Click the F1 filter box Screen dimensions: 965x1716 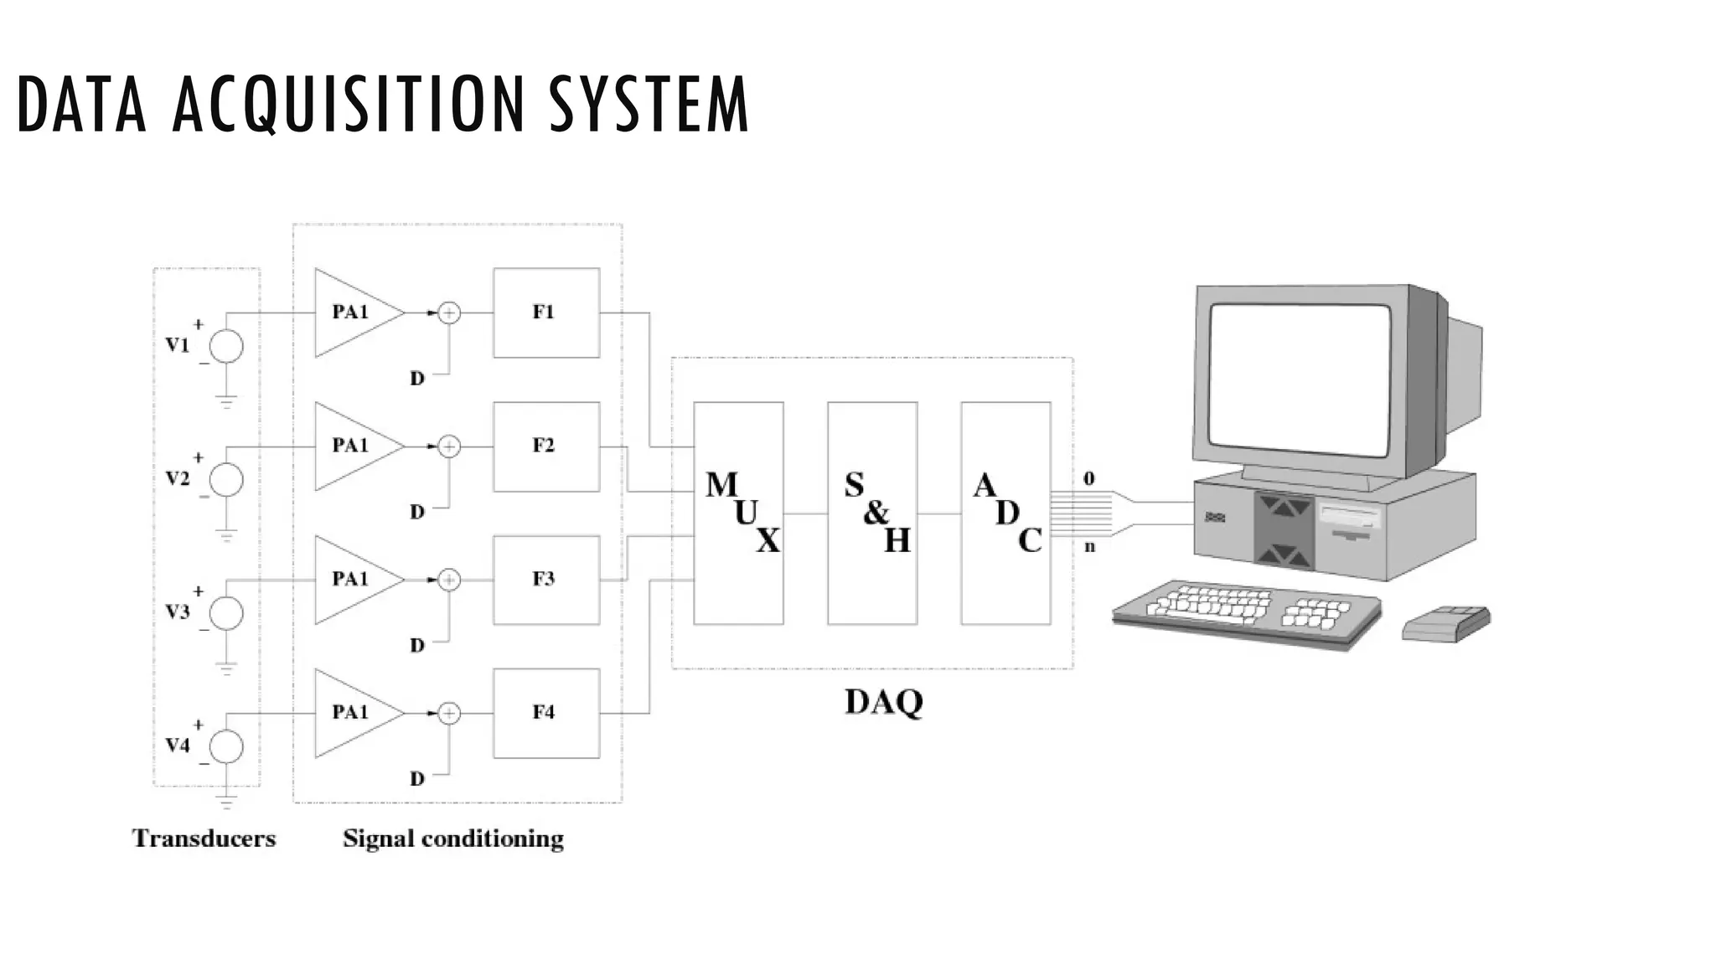[546, 312]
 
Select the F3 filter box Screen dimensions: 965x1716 [546, 580]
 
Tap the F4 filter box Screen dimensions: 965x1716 [546, 713]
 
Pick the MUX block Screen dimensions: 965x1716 [738, 513]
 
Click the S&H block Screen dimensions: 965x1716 [872, 513]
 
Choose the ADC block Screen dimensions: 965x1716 [1005, 513]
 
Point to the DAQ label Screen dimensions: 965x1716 [883, 701]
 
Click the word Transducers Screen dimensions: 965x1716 [204, 839]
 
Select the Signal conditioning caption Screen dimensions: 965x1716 [453, 839]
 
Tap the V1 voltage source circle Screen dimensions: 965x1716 [226, 346]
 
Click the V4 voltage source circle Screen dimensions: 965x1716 [226, 746]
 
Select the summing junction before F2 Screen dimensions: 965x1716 [450, 446]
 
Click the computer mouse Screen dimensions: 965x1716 [1446, 623]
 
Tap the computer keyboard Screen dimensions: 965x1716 [1247, 613]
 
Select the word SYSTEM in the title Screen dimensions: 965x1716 [649, 105]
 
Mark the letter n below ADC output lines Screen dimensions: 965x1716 [1089, 547]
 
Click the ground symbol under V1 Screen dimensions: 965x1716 [226, 400]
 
